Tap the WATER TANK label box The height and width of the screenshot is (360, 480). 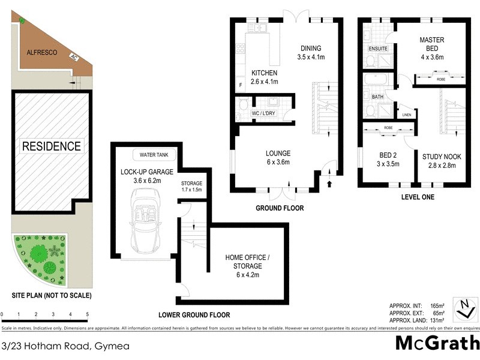coord(154,155)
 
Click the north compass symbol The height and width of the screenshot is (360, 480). coord(464,308)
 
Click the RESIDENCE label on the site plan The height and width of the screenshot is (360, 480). coord(51,146)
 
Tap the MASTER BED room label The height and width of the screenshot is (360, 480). coord(434,44)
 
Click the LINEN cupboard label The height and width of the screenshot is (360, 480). coord(406,115)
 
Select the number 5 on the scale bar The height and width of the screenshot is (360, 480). coord(88,314)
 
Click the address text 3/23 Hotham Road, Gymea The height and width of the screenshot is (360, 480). coord(56,346)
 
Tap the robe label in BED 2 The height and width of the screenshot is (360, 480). coord(387,127)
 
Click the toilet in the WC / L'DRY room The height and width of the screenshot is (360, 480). coord(243,105)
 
